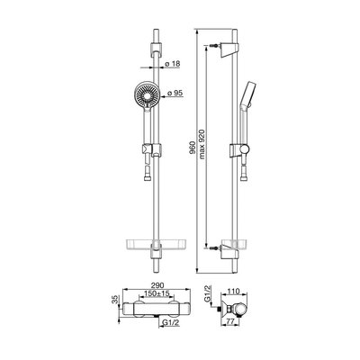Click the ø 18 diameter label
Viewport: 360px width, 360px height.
(x=173, y=64)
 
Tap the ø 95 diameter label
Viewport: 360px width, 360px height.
(x=175, y=94)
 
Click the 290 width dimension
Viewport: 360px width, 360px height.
(x=157, y=285)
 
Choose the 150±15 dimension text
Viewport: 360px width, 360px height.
(x=157, y=293)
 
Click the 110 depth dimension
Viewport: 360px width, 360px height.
(x=234, y=291)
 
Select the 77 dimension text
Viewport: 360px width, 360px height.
(x=229, y=321)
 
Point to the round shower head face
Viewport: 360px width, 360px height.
(x=147, y=95)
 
